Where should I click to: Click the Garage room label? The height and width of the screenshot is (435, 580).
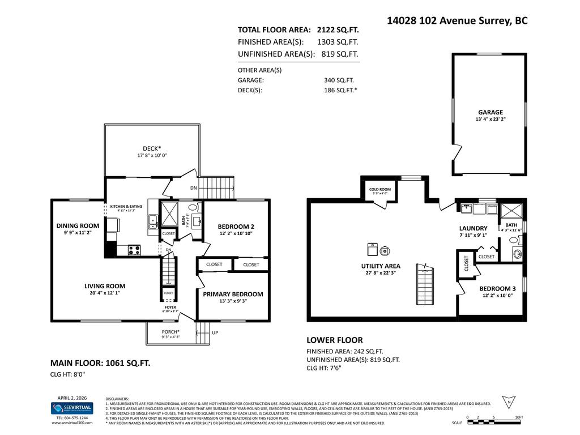click(490, 112)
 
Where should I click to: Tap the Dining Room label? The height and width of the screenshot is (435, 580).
click(78, 225)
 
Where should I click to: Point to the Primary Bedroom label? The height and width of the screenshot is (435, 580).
click(233, 294)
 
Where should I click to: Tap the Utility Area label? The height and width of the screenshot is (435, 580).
click(381, 266)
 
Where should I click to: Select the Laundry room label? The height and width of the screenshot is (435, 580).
click(473, 228)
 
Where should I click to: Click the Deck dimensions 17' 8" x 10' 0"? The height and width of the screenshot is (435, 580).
click(151, 155)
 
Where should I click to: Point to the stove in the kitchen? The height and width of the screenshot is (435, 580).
click(134, 249)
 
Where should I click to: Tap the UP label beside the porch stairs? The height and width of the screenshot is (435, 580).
click(215, 332)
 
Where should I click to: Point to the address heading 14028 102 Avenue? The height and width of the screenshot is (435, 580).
click(457, 20)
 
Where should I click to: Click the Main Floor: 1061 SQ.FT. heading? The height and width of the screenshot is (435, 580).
click(100, 363)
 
